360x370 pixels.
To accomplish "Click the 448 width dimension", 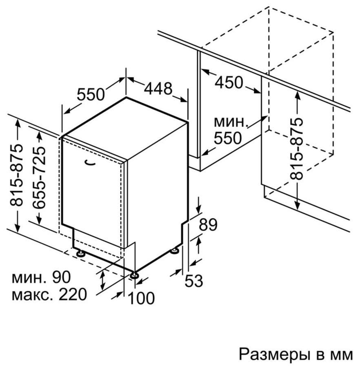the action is click(158, 88).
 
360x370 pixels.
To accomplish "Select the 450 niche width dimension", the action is click(229, 82).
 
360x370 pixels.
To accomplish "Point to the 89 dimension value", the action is click(208, 224).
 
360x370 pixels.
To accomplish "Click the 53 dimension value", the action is click(193, 281).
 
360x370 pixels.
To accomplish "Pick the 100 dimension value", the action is click(141, 298).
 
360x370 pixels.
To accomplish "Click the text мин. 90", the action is click(41, 277).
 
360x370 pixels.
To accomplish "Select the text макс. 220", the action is click(49, 295).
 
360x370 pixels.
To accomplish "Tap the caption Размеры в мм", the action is click(296, 354).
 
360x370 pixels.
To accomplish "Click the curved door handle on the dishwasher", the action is click(90, 163).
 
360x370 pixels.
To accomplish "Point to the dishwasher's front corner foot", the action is click(135, 275).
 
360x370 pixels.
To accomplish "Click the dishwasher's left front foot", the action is click(80, 253).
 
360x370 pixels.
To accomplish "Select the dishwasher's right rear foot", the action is click(175, 251).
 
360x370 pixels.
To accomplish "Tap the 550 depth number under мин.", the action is click(228, 138).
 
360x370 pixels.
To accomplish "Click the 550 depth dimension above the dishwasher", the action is click(91, 94).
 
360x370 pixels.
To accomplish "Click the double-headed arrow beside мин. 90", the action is click(102, 281).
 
